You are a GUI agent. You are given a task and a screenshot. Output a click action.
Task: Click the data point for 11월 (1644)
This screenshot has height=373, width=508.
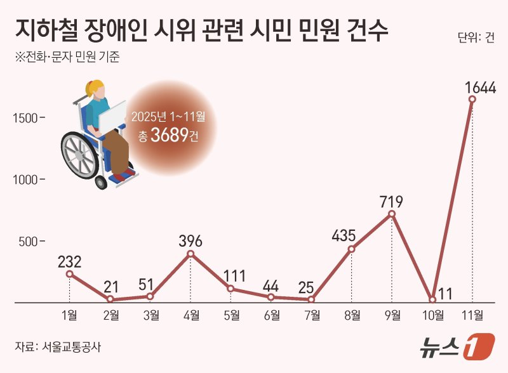pyautogui.click(x=472, y=100)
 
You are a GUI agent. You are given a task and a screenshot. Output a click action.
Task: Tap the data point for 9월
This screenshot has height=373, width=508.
pyautogui.click(x=392, y=214)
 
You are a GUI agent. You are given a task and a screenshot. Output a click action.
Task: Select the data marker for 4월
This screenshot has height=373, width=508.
pyautogui.click(x=190, y=254)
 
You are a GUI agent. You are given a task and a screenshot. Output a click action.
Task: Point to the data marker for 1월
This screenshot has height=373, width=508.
pyautogui.click(x=69, y=274)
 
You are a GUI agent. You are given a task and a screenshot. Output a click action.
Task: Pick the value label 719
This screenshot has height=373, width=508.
pyautogui.click(x=392, y=202)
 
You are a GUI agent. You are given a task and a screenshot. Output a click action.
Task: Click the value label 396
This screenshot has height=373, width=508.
pyautogui.click(x=190, y=241)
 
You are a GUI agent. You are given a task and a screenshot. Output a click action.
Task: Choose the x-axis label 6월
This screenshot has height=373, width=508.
pyautogui.click(x=271, y=315)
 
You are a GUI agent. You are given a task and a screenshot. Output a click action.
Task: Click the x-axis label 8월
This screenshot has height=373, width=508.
pyautogui.click(x=352, y=315)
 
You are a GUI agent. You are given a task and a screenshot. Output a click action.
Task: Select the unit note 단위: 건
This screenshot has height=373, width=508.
pyautogui.click(x=476, y=36)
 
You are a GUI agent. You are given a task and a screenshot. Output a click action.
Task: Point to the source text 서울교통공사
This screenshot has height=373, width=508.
pyautogui.click(x=71, y=347)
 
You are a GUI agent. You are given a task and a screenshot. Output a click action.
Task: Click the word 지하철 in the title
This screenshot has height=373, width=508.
pyautogui.click(x=43, y=29)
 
